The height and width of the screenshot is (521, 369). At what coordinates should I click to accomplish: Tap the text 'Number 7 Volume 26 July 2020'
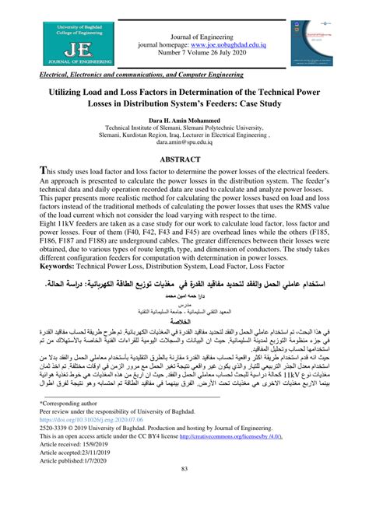pos(213,54)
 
